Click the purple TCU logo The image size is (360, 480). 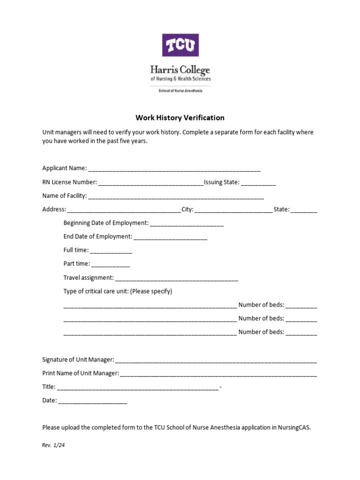[x=180, y=45]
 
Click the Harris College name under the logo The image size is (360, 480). [x=180, y=70]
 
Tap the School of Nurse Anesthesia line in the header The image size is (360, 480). [x=180, y=90]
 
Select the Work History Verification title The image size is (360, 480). [x=180, y=118]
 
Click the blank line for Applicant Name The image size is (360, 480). [x=174, y=169]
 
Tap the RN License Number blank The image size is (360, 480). [x=151, y=183]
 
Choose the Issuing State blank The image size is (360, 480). [x=259, y=183]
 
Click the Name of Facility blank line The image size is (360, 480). [x=176, y=197]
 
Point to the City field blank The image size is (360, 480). [x=233, y=210]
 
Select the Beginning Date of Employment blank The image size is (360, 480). [x=187, y=224]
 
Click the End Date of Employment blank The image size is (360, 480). [x=170, y=238]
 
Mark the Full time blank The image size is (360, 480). [x=111, y=251]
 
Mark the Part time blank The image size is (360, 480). [x=110, y=265]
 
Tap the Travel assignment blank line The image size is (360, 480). [x=176, y=278]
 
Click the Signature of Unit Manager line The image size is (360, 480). [x=216, y=360]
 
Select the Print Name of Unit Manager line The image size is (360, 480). [x=218, y=374]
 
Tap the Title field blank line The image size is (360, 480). [x=138, y=388]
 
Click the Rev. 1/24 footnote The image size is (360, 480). [x=53, y=445]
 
